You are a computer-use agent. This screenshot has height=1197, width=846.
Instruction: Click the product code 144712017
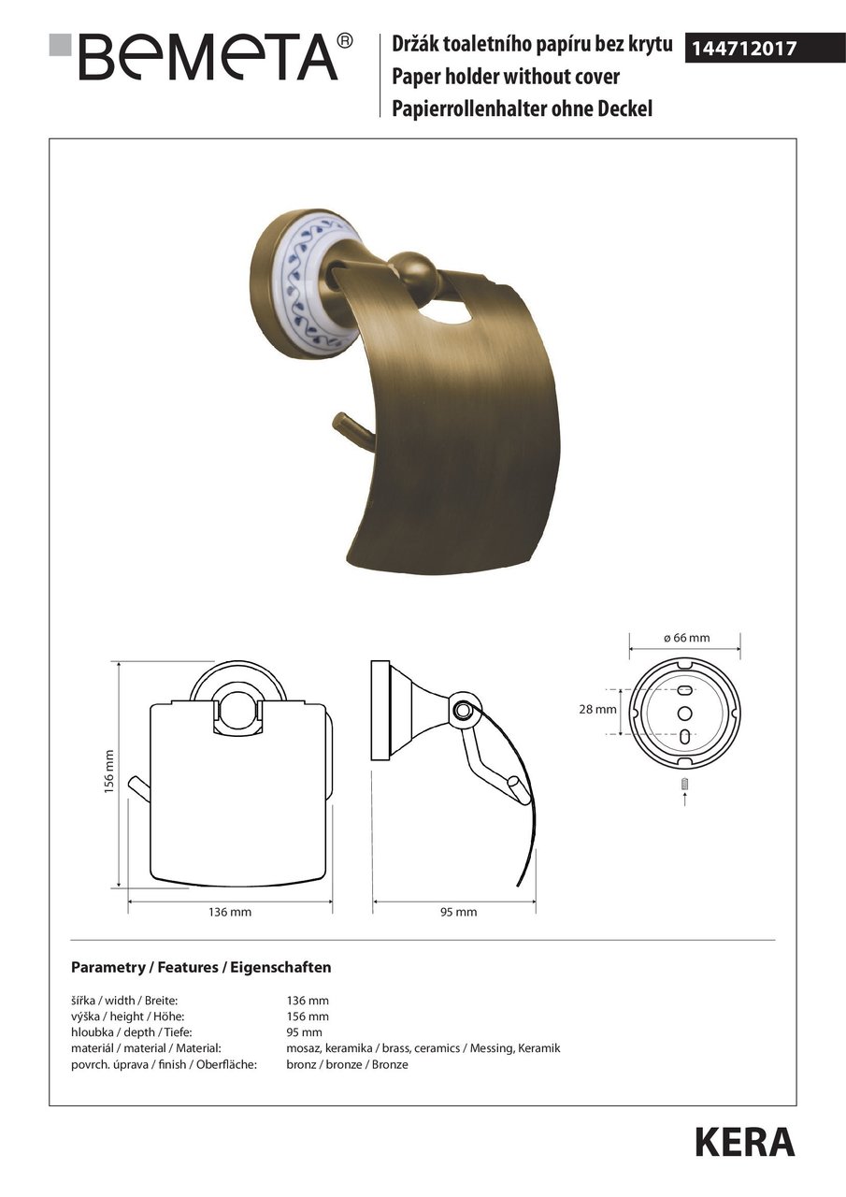pyautogui.click(x=744, y=49)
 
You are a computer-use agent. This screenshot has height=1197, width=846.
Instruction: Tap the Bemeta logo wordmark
pyautogui.click(x=208, y=57)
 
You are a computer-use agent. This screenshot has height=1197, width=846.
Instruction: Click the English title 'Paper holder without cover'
pyautogui.click(x=505, y=77)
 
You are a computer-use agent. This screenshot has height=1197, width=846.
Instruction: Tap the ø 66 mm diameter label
pyautogui.click(x=686, y=638)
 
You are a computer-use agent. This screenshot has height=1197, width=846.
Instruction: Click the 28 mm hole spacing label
pyautogui.click(x=597, y=709)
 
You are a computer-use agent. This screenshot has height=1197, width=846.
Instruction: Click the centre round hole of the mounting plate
pyautogui.click(x=684, y=713)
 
